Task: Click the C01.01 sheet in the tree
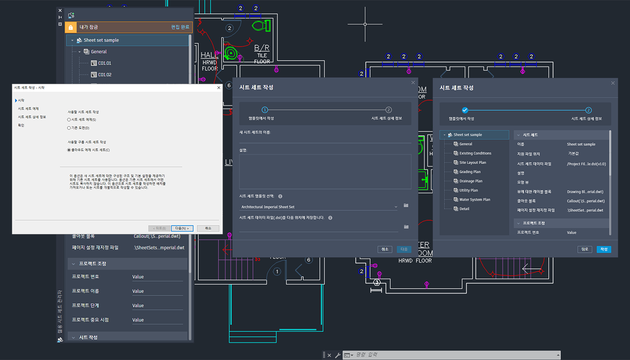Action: point(104,63)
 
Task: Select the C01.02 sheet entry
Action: point(104,75)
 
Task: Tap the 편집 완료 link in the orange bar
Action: point(180,27)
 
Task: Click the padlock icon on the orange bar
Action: point(71,28)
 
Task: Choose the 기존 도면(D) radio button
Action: point(69,128)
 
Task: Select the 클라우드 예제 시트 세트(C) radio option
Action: point(69,150)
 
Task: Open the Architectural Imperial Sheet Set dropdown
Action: point(319,207)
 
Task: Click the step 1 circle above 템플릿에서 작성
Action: point(264,110)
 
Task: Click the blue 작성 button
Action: point(603,249)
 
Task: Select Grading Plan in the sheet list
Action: point(470,172)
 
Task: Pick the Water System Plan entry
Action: point(474,199)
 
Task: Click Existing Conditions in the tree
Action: point(475,153)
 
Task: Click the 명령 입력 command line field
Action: point(453,355)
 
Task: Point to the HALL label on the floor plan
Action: point(210,56)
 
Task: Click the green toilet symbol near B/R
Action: point(259,24)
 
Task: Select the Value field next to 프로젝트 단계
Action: point(157,306)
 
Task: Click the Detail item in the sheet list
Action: point(464,209)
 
